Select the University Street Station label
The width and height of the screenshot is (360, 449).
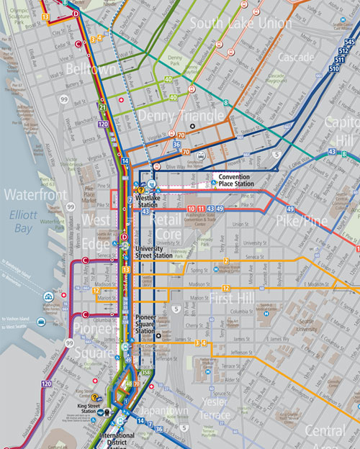[153, 251]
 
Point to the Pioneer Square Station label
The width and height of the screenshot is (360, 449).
[153, 320]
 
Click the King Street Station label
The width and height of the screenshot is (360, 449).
[91, 409]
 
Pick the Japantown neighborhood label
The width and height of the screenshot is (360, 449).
[165, 412]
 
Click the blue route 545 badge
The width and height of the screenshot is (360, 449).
[350, 43]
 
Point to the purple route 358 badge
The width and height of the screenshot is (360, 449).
[146, 372]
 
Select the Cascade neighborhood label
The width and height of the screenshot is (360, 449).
[296, 57]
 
